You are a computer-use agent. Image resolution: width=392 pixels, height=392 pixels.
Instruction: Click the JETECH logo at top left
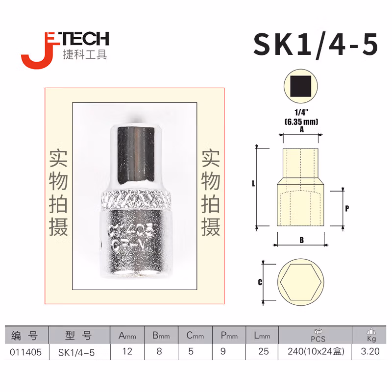64,48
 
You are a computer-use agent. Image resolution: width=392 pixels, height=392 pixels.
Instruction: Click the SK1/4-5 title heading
316,45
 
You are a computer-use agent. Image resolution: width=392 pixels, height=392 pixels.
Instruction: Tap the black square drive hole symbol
301,86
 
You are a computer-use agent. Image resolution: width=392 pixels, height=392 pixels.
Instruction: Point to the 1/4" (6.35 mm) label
301,118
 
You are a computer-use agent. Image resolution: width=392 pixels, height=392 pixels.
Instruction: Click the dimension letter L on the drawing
253,184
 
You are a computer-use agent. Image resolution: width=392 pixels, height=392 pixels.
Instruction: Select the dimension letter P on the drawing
346,208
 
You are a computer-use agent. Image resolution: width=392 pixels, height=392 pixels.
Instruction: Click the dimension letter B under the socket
301,240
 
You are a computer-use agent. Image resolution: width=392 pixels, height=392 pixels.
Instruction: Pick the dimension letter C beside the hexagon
260,282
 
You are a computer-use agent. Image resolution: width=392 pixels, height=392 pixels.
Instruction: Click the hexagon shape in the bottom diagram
301,283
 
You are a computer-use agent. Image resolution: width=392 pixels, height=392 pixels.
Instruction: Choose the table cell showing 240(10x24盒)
312,351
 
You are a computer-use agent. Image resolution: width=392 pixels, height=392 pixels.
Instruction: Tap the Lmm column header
261,336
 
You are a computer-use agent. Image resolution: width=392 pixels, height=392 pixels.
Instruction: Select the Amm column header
127,336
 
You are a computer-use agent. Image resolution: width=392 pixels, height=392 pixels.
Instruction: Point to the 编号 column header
27,336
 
